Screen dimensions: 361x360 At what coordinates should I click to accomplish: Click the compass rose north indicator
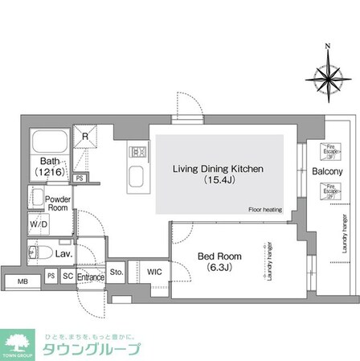pyautogui.click(x=326, y=47)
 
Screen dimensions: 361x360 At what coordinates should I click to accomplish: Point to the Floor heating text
pyautogui.click(x=264, y=209)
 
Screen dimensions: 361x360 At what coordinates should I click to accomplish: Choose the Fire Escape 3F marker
pyautogui.click(x=328, y=150)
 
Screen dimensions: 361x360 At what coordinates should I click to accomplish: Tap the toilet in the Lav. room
pyautogui.click(x=40, y=252)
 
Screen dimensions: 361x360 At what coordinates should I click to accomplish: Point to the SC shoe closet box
pyautogui.click(x=67, y=277)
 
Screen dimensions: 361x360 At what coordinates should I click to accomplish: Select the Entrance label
pyautogui.click(x=91, y=277)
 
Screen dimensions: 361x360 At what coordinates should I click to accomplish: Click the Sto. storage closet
pyautogui.click(x=116, y=272)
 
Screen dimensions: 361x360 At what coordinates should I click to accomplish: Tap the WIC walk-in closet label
pyautogui.click(x=153, y=272)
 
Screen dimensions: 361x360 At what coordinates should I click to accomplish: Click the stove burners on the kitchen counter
pyautogui.click(x=136, y=150)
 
